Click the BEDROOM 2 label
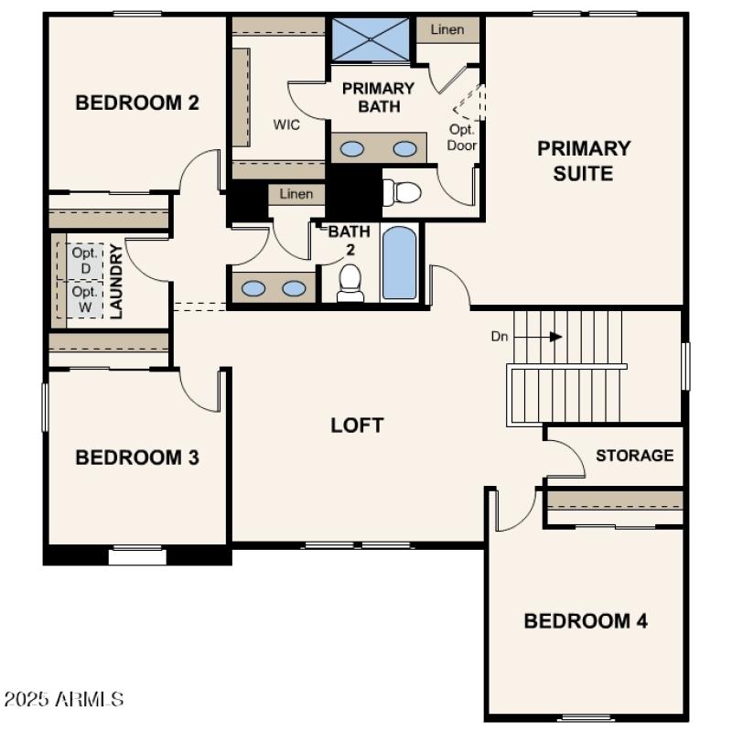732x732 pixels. coord(137,102)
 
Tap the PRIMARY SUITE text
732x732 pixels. coord(584,160)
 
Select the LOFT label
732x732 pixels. coord(357,425)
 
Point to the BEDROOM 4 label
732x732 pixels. coord(586,621)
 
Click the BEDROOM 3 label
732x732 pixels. coord(137,457)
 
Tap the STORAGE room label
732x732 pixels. coord(635,455)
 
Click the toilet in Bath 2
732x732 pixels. coord(350,283)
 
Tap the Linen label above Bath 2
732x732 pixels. coord(296,193)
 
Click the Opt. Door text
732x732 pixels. coord(462,137)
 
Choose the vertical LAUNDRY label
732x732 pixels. coord(116,281)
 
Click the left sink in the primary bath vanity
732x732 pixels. coord(353,148)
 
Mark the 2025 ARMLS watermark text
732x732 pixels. coord(63,700)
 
